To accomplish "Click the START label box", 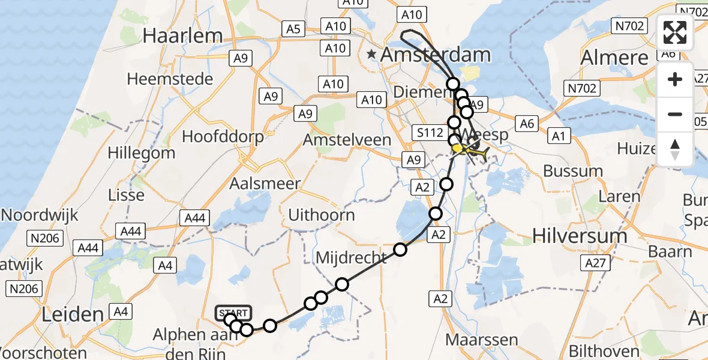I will [233, 313].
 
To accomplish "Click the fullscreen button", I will [675, 32].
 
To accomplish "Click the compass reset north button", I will [675, 149].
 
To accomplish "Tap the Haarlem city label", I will [183, 35].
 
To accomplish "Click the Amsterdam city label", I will [435, 55].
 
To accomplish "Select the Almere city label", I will [615, 58].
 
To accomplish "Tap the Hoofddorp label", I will [223, 137].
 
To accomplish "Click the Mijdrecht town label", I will [351, 259].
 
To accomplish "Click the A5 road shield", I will [292, 28].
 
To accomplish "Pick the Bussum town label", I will [573, 171].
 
